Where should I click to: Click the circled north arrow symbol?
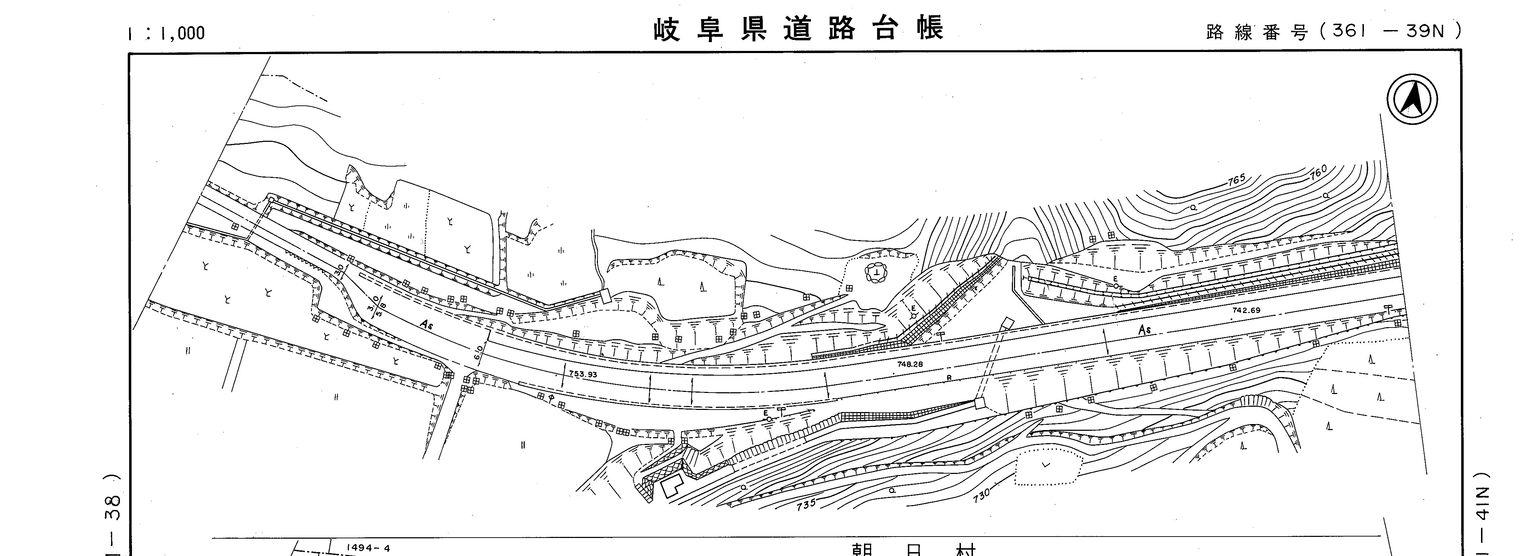pos(1412,99)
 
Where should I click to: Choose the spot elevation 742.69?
pos(1246,310)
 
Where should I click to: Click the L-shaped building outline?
pos(672,487)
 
